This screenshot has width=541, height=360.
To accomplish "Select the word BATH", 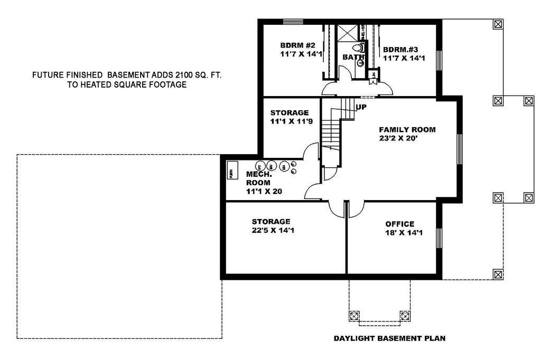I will [353, 57].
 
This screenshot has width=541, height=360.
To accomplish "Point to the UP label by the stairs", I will [361, 107].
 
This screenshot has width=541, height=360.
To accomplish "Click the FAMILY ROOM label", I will [407, 129].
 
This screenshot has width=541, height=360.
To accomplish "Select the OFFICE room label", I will [400, 224].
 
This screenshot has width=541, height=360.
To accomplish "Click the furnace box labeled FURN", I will [231, 173].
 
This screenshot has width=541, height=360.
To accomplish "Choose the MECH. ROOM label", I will [259, 178].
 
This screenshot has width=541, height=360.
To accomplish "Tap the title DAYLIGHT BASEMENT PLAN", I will [389, 338].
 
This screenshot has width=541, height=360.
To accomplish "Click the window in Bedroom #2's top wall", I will [293, 22].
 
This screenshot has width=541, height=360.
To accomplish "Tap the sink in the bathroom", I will [360, 63].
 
